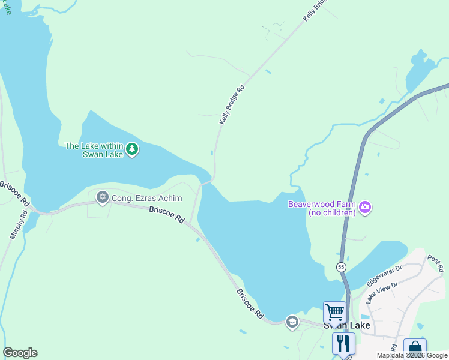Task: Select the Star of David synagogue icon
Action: [103, 197]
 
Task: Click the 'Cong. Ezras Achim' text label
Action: [146, 198]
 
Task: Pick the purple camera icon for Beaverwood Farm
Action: [365, 208]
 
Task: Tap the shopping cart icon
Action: [334, 312]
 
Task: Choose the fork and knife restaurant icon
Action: [343, 344]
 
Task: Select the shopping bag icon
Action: [415, 349]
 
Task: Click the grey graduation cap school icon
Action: [292, 322]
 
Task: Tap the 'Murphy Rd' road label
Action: [19, 224]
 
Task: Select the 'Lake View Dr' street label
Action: [382, 291]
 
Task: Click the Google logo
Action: [20, 353]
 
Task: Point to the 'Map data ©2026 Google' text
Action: [412, 355]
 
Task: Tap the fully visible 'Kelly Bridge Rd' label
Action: [232, 104]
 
